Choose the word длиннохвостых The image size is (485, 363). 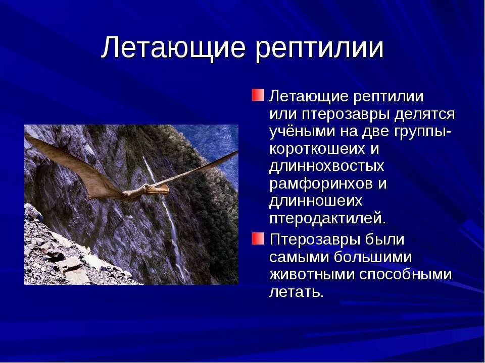click(326, 166)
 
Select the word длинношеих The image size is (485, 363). click(316, 201)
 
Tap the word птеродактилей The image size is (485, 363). click(327, 219)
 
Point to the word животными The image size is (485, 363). click(312, 275)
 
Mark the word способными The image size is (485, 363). click(405, 275)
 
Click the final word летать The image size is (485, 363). click(296, 292)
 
